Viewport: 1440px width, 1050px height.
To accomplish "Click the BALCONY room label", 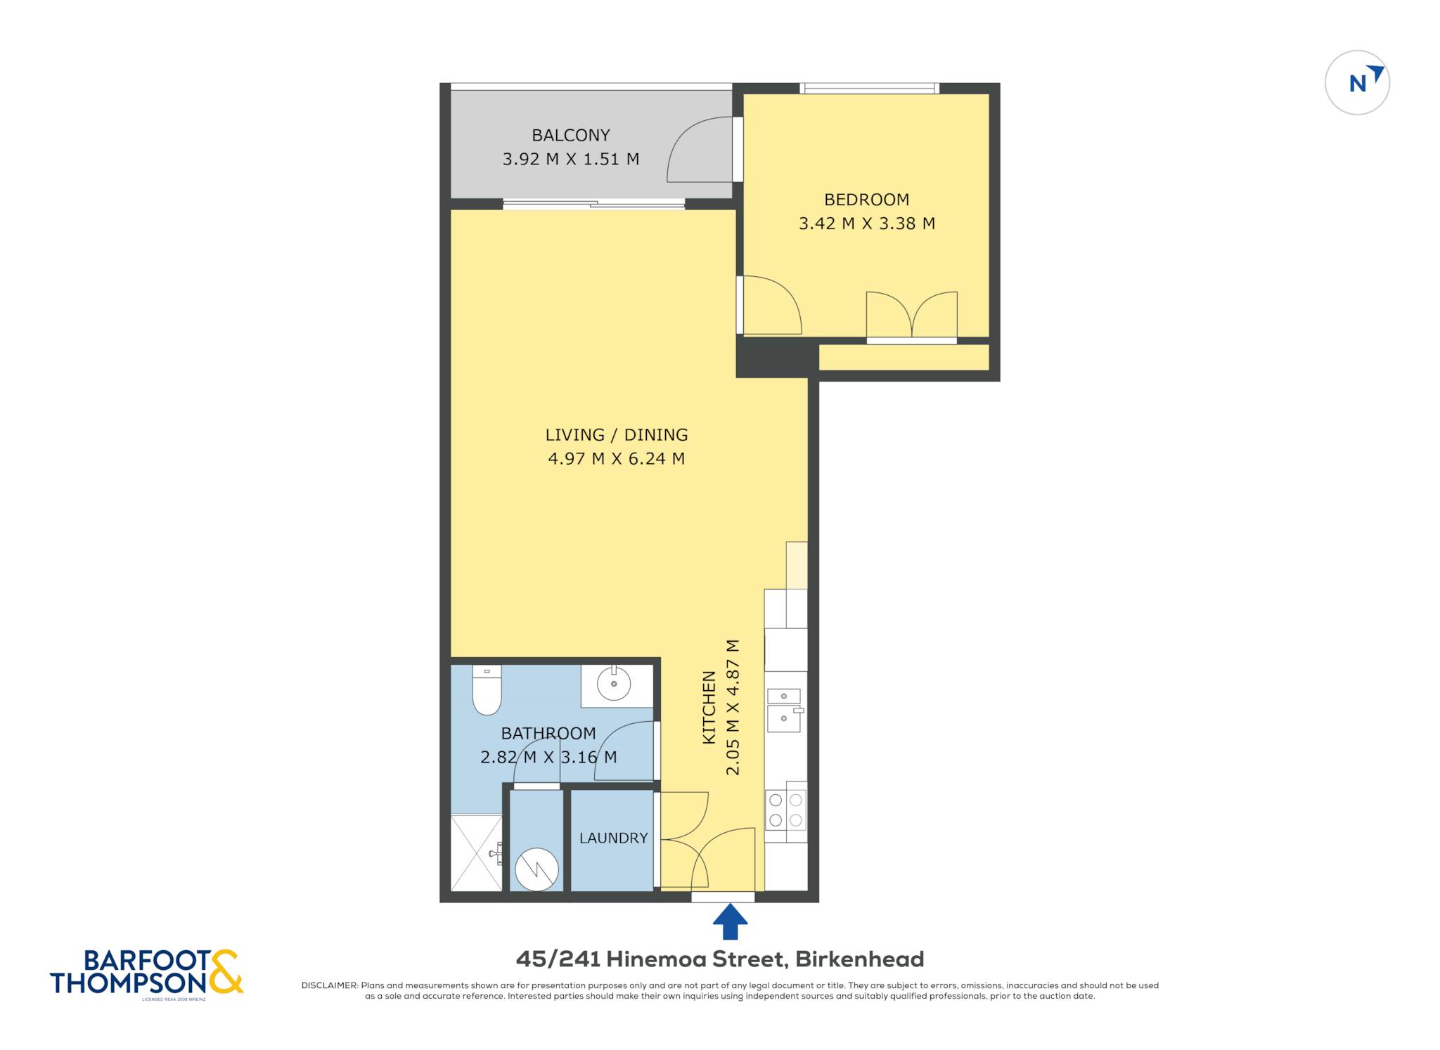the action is click(570, 135).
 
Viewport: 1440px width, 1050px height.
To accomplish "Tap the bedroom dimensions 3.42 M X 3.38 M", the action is click(866, 223).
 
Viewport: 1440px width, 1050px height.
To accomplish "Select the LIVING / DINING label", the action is click(617, 435).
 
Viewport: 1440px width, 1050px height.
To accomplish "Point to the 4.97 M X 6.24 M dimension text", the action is click(617, 459).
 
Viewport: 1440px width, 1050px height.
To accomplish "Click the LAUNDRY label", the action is click(613, 838).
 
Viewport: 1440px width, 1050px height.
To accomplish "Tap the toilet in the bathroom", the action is click(487, 689).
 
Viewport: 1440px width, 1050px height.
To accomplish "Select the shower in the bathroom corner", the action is click(477, 853).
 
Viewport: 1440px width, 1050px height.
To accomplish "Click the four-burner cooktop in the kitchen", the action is click(785, 810).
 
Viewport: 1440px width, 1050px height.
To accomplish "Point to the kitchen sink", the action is click(784, 710).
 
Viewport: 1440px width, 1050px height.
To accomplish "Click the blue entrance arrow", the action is click(730, 921).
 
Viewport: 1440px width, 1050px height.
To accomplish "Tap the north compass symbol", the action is click(1357, 83).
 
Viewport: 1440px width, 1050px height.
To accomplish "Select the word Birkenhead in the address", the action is click(860, 959).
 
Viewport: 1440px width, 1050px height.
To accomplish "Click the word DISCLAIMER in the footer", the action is click(330, 985).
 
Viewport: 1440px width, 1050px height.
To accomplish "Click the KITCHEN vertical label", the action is click(709, 707).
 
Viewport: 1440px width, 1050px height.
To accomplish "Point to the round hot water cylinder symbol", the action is click(536, 869).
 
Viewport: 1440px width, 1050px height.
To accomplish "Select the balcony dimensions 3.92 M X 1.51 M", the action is click(570, 160).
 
